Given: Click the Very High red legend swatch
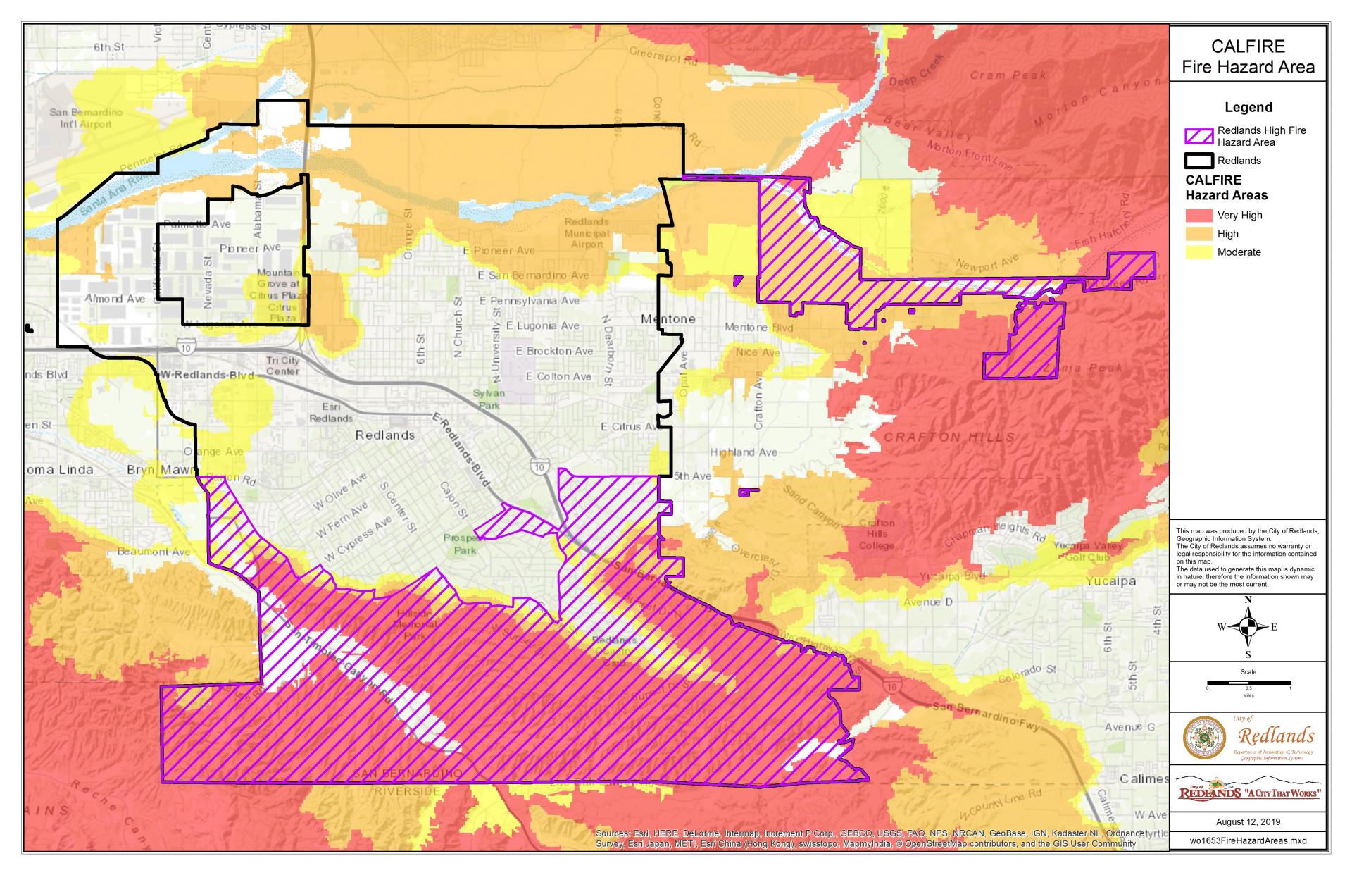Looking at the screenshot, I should (x=1199, y=215).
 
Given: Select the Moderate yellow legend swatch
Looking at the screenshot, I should (x=1199, y=252).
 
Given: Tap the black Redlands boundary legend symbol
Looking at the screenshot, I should (x=1199, y=160).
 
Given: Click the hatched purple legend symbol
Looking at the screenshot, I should (x=1199, y=136).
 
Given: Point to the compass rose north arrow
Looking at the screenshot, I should (x=1248, y=626).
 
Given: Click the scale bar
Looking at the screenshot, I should (x=1248, y=683).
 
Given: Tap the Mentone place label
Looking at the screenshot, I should (x=668, y=319).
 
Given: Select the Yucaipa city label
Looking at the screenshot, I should (x=1110, y=581).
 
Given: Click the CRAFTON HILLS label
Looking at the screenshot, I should (x=949, y=437).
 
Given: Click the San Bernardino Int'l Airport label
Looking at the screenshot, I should (x=85, y=118).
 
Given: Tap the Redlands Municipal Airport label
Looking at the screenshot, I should (x=587, y=232).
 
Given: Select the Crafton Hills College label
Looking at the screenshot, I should (x=876, y=534).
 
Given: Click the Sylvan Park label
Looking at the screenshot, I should (x=489, y=399).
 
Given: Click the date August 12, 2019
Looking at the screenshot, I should (x=1248, y=821).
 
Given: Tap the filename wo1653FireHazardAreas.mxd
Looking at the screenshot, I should (x=1248, y=840).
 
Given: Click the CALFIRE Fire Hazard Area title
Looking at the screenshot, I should (x=1248, y=57).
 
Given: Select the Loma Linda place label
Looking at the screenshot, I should (x=59, y=469).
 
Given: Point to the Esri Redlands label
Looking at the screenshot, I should (x=330, y=412).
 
